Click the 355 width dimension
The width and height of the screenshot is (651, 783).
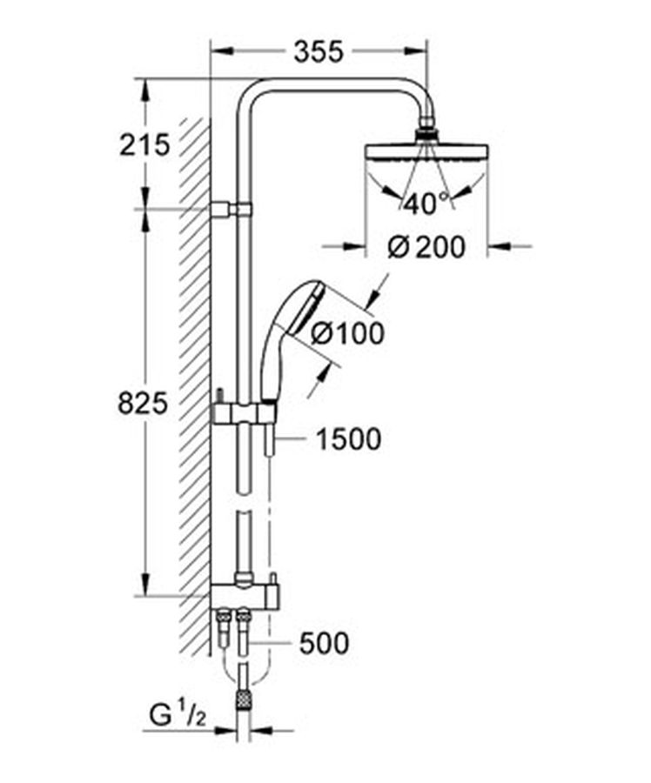[319, 52]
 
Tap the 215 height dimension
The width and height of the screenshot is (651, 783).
[144, 145]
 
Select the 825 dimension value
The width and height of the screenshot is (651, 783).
[143, 404]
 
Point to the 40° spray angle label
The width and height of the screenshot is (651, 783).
[426, 203]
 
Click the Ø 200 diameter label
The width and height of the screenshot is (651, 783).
[426, 246]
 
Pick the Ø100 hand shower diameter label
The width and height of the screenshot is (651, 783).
[348, 332]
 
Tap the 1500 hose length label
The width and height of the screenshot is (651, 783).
[349, 439]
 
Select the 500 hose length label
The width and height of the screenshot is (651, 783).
[324, 643]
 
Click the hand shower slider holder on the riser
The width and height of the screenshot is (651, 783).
[244, 413]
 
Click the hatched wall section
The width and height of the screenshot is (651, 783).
[196, 387]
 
